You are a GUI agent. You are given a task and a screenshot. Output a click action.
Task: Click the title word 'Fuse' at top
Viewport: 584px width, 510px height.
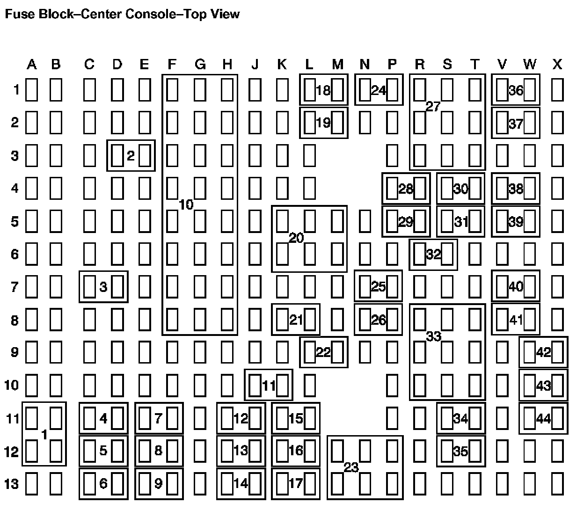pyautogui.click(x=16, y=14)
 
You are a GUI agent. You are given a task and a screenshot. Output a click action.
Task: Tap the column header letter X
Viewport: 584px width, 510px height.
pyautogui.click(x=557, y=65)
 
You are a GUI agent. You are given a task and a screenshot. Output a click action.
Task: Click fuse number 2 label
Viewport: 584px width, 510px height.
pyautogui.click(x=131, y=156)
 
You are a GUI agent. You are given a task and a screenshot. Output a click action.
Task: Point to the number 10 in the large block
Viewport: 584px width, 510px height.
pyautogui.click(x=186, y=204)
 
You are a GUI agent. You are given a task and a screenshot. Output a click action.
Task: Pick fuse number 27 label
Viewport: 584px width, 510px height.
pyautogui.click(x=433, y=107)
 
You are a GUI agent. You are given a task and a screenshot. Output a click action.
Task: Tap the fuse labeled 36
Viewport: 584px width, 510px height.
pyautogui.click(x=516, y=90)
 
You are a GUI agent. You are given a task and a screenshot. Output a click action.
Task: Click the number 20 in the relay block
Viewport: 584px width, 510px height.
pyautogui.click(x=296, y=238)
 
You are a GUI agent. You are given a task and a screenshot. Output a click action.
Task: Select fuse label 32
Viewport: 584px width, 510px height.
pyautogui.click(x=433, y=255)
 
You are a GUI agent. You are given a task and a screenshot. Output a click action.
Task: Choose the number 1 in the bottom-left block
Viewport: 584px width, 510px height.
pyautogui.click(x=44, y=435)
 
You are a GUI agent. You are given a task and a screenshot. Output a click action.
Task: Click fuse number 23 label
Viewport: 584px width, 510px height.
pyautogui.click(x=351, y=467)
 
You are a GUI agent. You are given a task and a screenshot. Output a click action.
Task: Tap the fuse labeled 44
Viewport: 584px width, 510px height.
pyautogui.click(x=543, y=419)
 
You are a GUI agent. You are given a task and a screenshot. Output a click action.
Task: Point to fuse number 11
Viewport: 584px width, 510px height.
pyautogui.click(x=269, y=386)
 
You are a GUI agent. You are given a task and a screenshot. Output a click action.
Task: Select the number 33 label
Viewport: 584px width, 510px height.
pyautogui.click(x=433, y=336)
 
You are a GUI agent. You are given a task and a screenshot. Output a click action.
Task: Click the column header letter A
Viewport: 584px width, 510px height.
pyautogui.click(x=31, y=65)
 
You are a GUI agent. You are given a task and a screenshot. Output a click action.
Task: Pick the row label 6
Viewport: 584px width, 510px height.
pyautogui.click(x=15, y=255)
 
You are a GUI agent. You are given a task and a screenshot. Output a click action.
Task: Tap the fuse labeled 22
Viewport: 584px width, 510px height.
pyautogui.click(x=323, y=352)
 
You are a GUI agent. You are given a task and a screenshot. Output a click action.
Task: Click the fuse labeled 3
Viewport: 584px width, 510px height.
pyautogui.click(x=103, y=287)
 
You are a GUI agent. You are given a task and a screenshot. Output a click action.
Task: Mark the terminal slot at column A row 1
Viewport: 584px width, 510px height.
pyautogui.click(x=31, y=90)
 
